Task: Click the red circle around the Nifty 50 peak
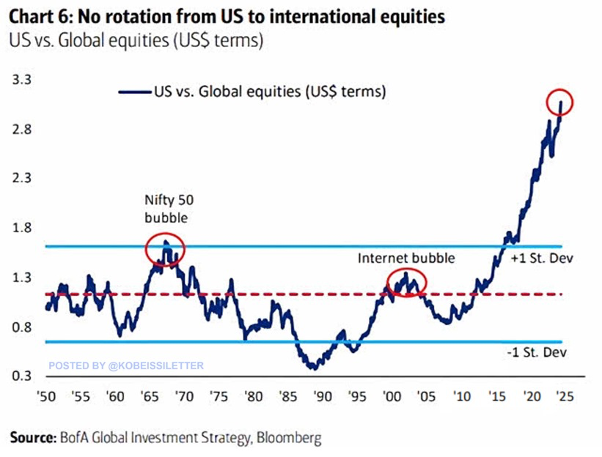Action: pos(165,250)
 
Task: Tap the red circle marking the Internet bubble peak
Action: pos(406,280)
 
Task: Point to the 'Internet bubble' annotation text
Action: pos(406,258)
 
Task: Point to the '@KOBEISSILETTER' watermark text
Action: pos(155,364)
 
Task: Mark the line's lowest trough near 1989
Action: pos(313,368)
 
